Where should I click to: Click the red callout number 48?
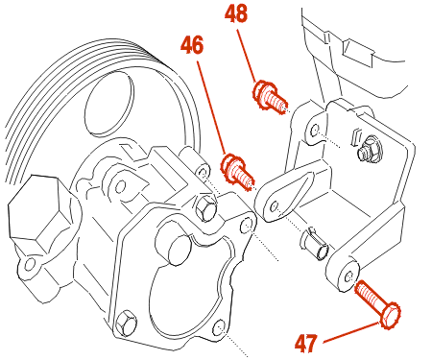pos(236,13)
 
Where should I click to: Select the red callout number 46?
pos(192,44)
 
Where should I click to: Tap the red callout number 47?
pos(306,344)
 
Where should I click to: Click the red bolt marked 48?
pos(270,96)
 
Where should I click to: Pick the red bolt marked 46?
pos(237,172)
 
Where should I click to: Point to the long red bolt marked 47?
pos(378,304)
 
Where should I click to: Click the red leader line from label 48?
pos(247,56)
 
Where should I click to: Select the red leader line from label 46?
pos(212,108)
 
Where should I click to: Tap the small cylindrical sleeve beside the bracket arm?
pos(315,244)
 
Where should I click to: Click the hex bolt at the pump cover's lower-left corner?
pos(126,323)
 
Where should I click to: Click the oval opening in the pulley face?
pos(108,103)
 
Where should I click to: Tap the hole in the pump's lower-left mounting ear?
pos(30,264)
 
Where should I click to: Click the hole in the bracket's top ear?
pos(315,131)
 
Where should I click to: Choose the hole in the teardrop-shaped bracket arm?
pos(274,206)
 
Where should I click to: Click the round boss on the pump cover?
pos(175,245)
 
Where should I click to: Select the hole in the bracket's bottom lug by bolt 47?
pos(349,276)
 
